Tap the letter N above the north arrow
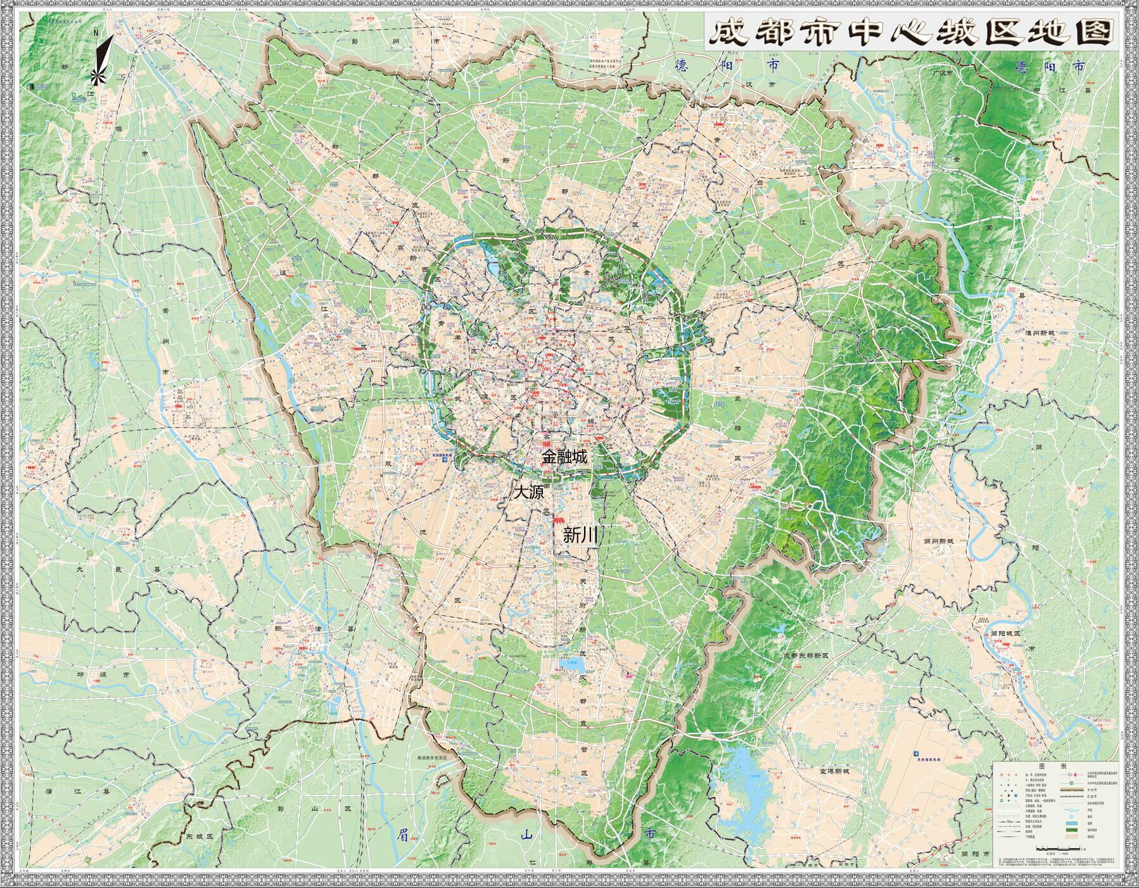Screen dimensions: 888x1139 click(x=96, y=34)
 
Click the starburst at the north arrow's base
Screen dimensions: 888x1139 click(x=96, y=77)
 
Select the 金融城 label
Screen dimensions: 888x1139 click(x=564, y=457)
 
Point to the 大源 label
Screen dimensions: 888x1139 click(x=528, y=492)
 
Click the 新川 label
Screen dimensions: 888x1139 click(x=580, y=536)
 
